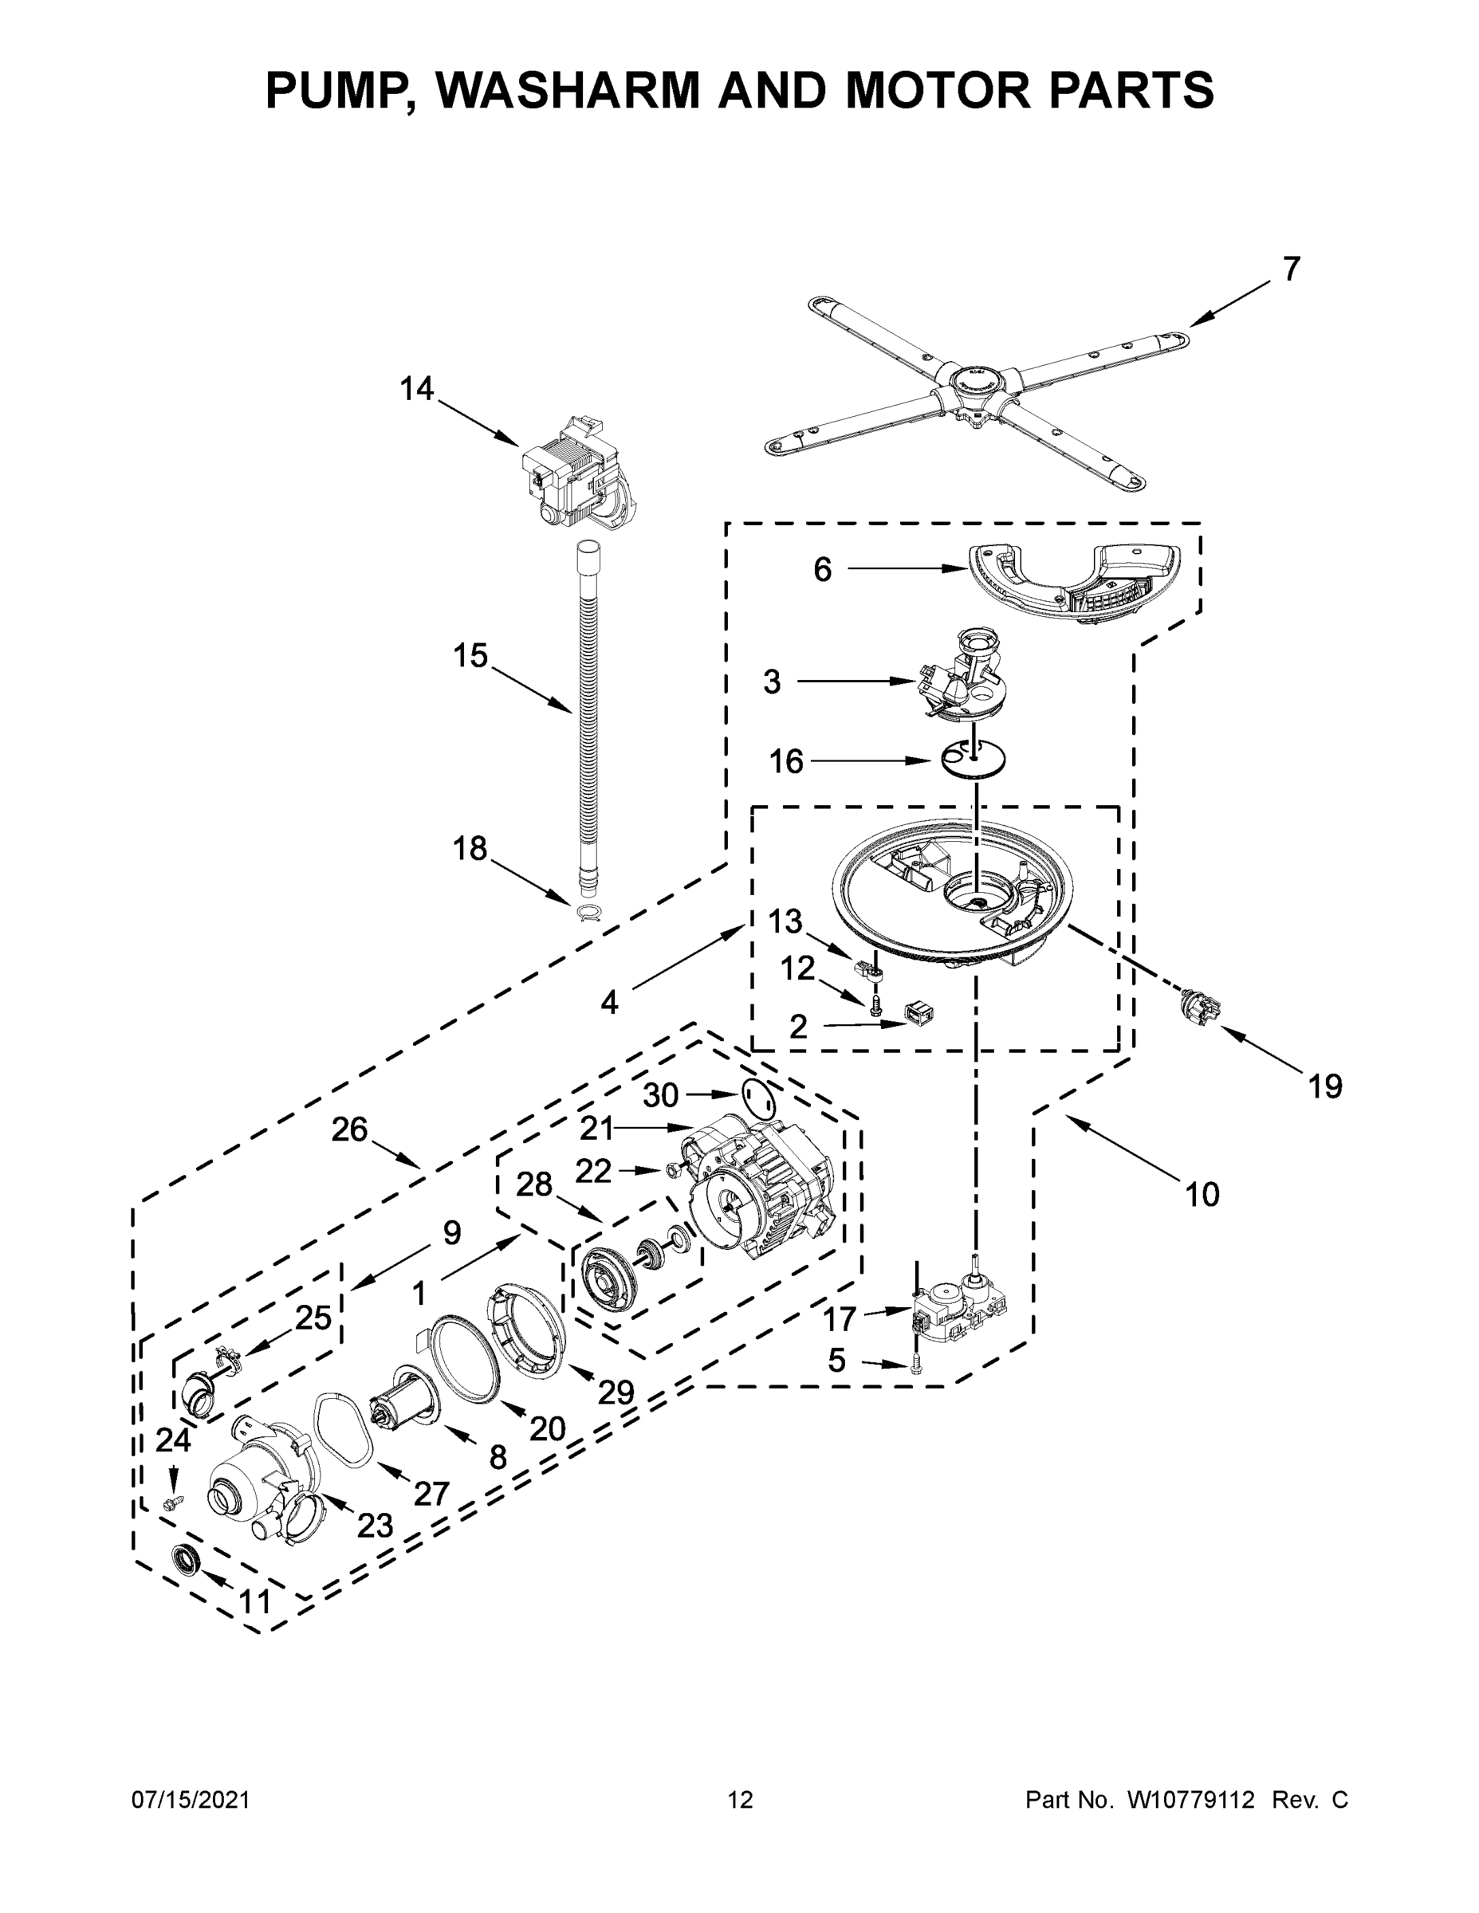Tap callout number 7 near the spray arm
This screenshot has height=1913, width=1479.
click(x=1292, y=269)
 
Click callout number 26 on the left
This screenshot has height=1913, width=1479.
click(x=348, y=1130)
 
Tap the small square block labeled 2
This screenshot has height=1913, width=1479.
click(x=918, y=1015)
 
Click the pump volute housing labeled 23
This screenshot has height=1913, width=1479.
click(x=250, y=1489)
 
